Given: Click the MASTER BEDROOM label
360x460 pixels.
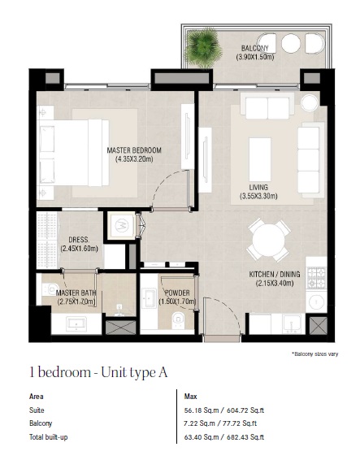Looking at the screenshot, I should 134,150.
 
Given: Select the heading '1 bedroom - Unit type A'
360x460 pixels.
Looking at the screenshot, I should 98,373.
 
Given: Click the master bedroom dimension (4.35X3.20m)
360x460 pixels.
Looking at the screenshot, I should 134,160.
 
